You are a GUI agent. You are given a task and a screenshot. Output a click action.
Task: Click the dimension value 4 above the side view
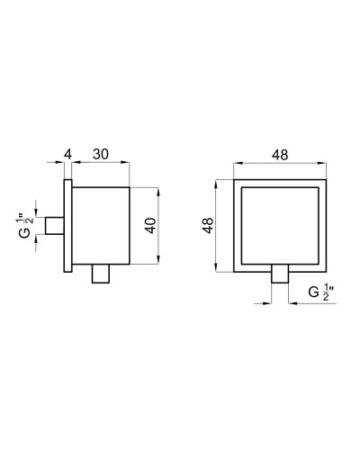coord(67,155)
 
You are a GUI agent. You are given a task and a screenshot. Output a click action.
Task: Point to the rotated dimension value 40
coord(151,225)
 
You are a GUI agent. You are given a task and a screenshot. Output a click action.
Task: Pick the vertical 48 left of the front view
coord(206,225)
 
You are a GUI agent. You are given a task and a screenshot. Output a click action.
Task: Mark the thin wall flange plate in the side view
coord(67,225)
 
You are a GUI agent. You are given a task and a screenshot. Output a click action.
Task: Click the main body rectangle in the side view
coord(101,225)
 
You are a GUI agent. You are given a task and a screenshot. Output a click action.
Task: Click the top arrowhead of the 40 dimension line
coord(159,191)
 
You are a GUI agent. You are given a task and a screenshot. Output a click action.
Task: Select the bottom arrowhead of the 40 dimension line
coord(159,260)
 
